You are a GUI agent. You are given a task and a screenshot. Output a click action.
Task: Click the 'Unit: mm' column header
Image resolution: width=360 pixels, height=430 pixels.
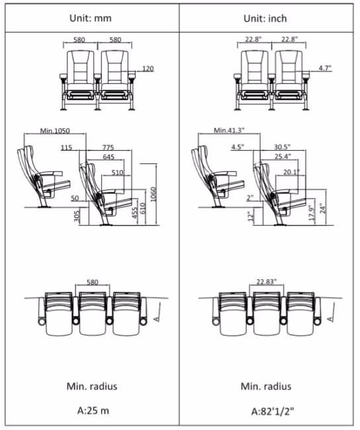91,18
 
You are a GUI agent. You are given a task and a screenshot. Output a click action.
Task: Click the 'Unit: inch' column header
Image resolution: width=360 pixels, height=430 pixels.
265,19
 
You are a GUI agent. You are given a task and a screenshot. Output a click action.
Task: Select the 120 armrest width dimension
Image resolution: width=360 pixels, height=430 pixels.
148,68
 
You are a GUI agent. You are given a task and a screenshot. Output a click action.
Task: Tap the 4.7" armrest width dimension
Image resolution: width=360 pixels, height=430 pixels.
325,67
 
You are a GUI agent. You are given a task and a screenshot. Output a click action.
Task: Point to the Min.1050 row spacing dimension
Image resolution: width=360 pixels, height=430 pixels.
55,130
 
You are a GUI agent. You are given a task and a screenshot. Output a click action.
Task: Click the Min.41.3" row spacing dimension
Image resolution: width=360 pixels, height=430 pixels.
229,130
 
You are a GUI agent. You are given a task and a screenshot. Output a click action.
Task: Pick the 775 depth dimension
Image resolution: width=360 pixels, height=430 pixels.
108,148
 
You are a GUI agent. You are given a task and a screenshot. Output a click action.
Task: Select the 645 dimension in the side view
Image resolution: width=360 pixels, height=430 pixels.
109,157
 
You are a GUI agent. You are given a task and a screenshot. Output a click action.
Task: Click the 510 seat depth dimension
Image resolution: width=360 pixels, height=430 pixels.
117,173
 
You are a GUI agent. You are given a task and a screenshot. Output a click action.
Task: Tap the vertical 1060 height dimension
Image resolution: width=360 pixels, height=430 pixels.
153,194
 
